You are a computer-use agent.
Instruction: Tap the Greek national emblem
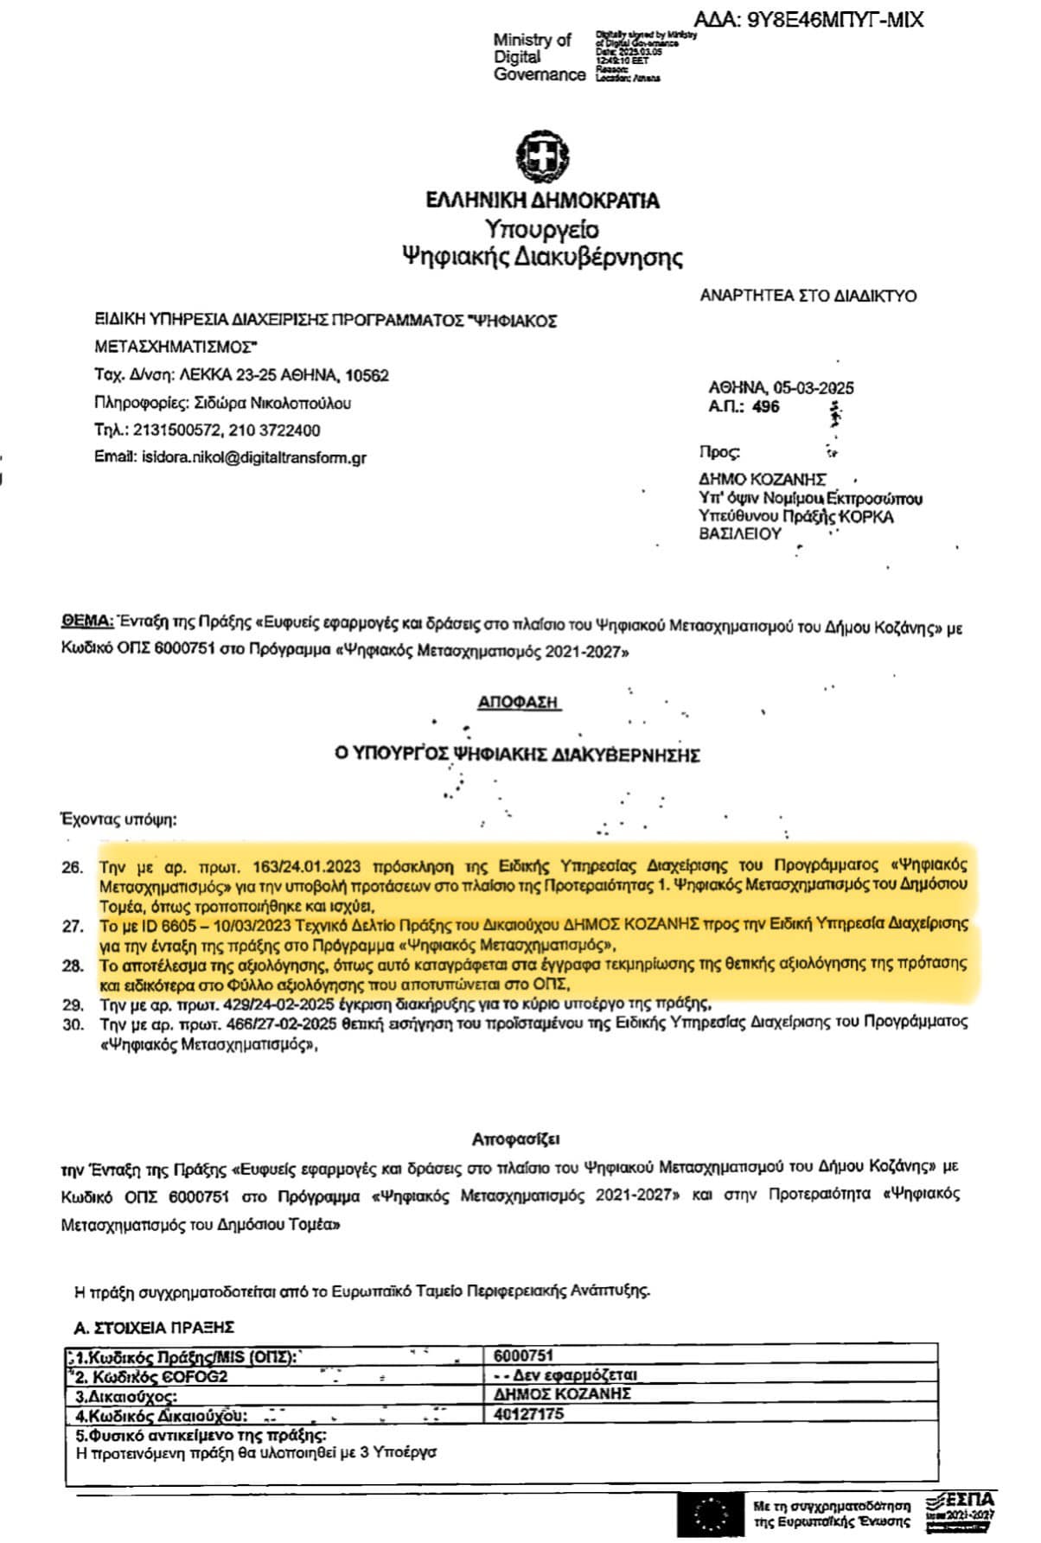(x=542, y=156)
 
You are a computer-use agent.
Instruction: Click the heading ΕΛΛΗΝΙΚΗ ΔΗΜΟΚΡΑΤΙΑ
(x=542, y=201)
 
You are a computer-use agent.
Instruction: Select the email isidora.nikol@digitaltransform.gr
(x=253, y=457)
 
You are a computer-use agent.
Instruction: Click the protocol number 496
(x=766, y=406)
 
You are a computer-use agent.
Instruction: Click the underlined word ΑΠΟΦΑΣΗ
(x=519, y=703)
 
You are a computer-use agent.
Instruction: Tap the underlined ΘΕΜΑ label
(x=87, y=622)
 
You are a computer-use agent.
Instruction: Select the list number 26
(x=73, y=867)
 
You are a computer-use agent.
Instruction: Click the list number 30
(x=73, y=1024)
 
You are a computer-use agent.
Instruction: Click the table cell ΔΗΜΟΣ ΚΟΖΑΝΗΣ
(x=562, y=1394)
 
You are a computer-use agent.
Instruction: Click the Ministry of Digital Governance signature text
(x=539, y=57)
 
